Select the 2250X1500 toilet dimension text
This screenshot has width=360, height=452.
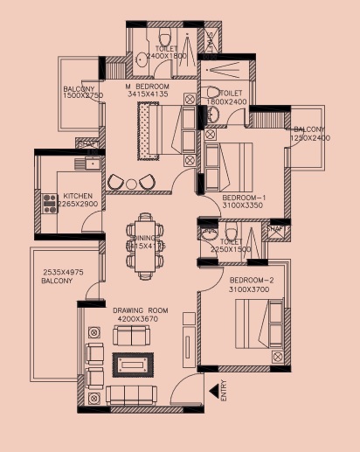[231, 250]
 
